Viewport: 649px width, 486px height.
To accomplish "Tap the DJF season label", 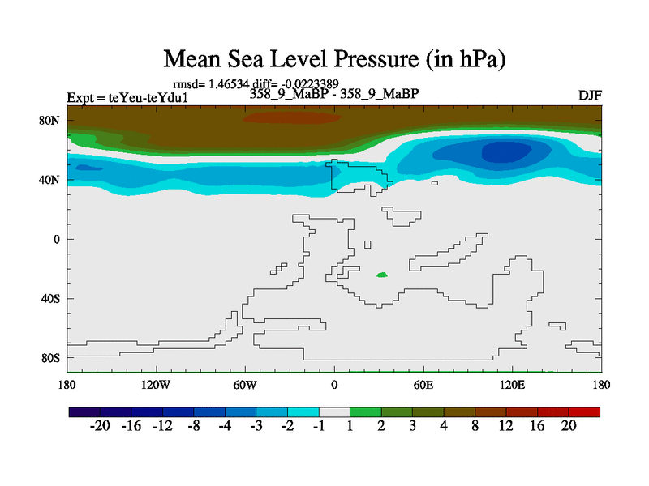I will [x=590, y=96].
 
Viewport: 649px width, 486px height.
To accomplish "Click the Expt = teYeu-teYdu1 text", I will [x=127, y=98].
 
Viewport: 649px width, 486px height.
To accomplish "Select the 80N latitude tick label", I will [x=51, y=121].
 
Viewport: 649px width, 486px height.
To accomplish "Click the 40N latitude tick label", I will [x=51, y=180].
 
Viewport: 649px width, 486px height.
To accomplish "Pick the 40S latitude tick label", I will [x=51, y=299].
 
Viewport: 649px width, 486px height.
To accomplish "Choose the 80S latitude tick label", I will [x=51, y=358].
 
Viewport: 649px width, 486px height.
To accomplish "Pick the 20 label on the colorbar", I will [x=569, y=426].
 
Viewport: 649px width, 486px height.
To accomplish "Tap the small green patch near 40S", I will [x=382, y=275].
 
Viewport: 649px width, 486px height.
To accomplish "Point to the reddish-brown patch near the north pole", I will [x=293, y=117].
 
